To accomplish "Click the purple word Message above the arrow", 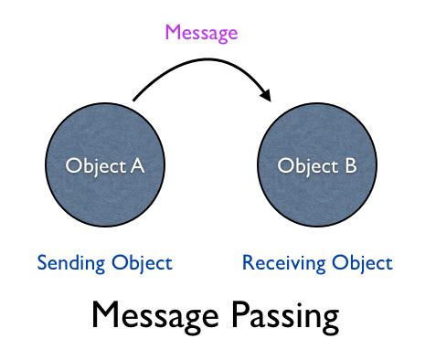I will point(200,33).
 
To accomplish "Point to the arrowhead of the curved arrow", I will point(266,95).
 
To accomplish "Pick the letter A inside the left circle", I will point(137,165).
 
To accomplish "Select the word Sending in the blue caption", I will point(69,263).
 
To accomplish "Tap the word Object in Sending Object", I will point(139,263).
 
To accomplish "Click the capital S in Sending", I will point(41,263).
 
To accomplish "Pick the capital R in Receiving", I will point(247,263).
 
